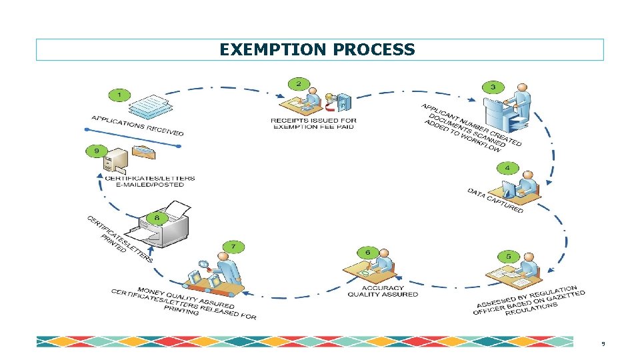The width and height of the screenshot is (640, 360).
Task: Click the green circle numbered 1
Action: [119, 95]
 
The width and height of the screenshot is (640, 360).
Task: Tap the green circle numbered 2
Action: [298, 84]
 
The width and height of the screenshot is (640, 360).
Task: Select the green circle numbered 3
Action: [492, 87]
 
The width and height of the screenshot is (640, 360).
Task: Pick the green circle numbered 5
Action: [509, 256]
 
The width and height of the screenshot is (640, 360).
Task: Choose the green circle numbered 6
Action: [367, 252]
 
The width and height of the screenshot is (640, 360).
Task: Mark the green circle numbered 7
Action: [233, 247]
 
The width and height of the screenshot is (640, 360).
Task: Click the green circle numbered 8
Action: [157, 217]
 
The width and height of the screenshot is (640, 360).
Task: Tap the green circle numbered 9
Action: [97, 151]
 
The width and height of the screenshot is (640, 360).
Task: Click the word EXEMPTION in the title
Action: [272, 50]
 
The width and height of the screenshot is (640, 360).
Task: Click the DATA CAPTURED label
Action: [495, 201]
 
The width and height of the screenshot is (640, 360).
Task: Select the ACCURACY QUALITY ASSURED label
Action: [383, 291]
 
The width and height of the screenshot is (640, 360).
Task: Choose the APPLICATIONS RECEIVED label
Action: [137, 125]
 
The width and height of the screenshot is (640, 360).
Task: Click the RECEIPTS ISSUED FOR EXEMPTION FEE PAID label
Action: [313, 123]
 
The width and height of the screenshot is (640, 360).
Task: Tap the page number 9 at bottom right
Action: [603, 344]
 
